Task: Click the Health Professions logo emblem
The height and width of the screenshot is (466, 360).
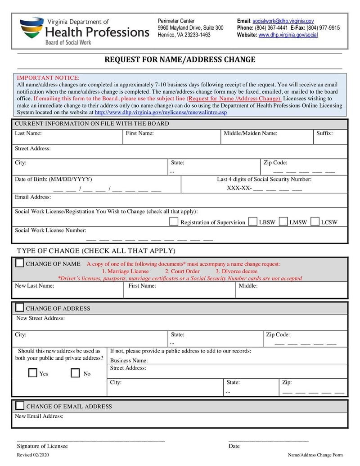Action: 31,29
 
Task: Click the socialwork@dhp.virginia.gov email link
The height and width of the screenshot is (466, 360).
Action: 283,21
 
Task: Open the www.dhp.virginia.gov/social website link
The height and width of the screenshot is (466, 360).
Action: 288,35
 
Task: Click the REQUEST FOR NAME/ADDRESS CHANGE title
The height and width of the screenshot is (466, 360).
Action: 180,59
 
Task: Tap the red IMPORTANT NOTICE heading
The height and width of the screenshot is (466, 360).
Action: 48,78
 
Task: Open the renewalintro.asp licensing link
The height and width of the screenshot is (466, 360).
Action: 161,112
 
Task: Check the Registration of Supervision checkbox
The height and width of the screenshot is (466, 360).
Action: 174,222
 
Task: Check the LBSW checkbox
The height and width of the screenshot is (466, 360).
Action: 253,222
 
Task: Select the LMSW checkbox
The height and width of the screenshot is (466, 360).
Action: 283,222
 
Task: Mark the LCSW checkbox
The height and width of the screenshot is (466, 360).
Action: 315,222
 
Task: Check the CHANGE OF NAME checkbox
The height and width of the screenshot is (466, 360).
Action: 20,263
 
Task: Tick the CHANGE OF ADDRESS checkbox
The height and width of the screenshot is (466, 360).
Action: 20,308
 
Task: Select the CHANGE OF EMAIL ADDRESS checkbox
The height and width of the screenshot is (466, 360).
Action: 20,405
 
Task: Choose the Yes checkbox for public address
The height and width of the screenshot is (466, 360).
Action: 33,373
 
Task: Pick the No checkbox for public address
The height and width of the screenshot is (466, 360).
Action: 76,373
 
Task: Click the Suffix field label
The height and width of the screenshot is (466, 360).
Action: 324,133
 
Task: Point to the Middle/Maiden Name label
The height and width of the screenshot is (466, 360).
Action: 250,133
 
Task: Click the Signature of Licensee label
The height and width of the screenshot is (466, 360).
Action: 42,446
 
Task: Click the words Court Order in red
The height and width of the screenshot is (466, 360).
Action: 182,271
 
